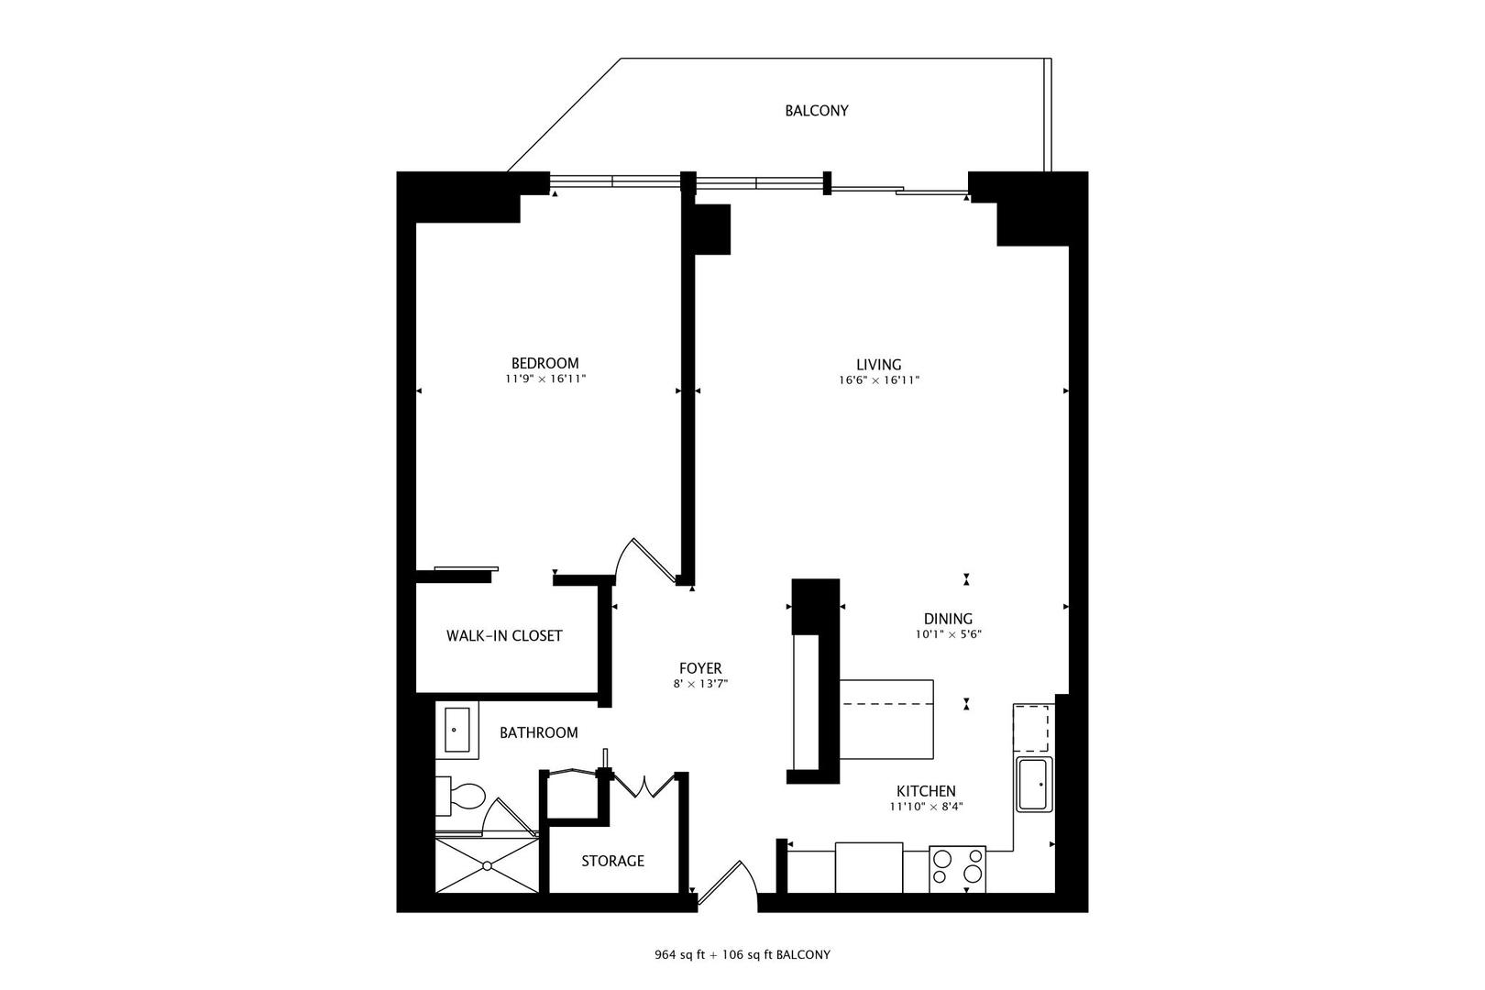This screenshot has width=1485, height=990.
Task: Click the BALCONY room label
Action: coord(816,111)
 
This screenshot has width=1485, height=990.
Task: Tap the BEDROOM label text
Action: coord(544,363)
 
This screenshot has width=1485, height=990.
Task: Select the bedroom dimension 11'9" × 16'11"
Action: coord(544,379)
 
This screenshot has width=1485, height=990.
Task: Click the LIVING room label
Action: coord(879,364)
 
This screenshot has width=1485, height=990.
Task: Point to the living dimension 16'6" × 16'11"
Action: coord(879,380)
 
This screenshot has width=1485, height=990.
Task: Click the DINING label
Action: coord(948,619)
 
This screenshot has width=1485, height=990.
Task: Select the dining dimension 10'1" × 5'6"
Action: coord(948,634)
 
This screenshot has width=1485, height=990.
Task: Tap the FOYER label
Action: coord(700,668)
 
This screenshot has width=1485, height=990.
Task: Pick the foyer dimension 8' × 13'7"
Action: coord(700,684)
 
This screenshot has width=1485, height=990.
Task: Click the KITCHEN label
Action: coord(926,791)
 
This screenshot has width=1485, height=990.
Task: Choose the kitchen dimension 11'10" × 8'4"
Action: coord(926,807)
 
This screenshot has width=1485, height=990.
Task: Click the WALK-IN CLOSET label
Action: coord(504,636)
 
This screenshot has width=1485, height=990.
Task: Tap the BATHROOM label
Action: coord(538,732)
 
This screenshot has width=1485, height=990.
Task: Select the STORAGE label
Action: coord(612,861)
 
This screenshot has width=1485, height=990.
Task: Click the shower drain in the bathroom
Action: coord(487,864)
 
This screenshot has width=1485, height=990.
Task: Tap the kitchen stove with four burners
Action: coord(957,868)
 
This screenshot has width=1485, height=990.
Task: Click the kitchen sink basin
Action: coord(1035,784)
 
